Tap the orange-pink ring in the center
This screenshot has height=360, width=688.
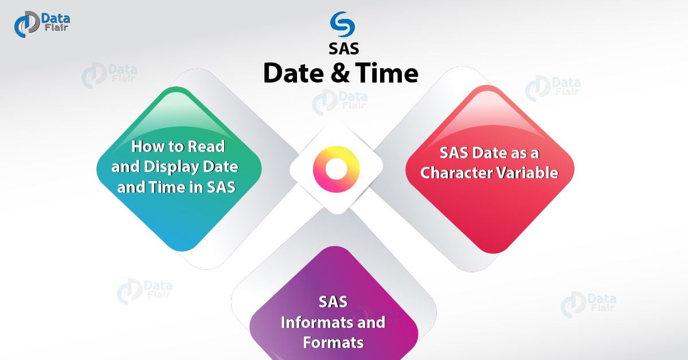pos(336,169)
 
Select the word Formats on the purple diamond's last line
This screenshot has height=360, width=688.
pos(333,343)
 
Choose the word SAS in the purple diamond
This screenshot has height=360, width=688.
pos(333,302)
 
